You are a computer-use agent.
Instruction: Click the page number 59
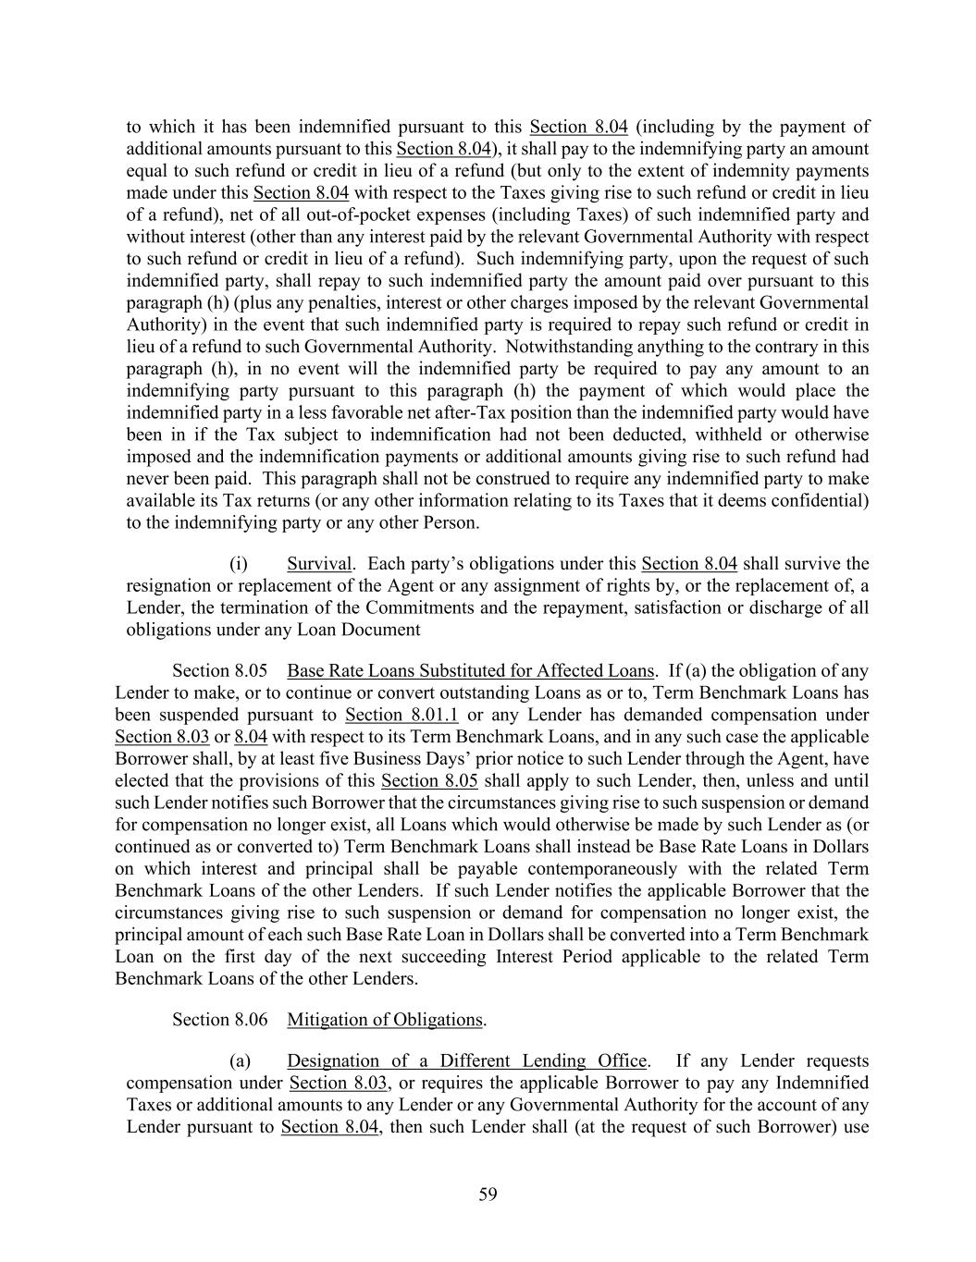click(x=488, y=1195)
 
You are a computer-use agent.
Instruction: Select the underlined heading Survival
click(x=319, y=564)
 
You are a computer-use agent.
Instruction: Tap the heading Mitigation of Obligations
click(x=385, y=1020)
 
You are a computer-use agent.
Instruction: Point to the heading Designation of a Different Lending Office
click(x=466, y=1061)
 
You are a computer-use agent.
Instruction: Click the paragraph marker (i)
click(x=239, y=564)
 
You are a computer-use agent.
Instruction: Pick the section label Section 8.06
click(x=220, y=1020)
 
